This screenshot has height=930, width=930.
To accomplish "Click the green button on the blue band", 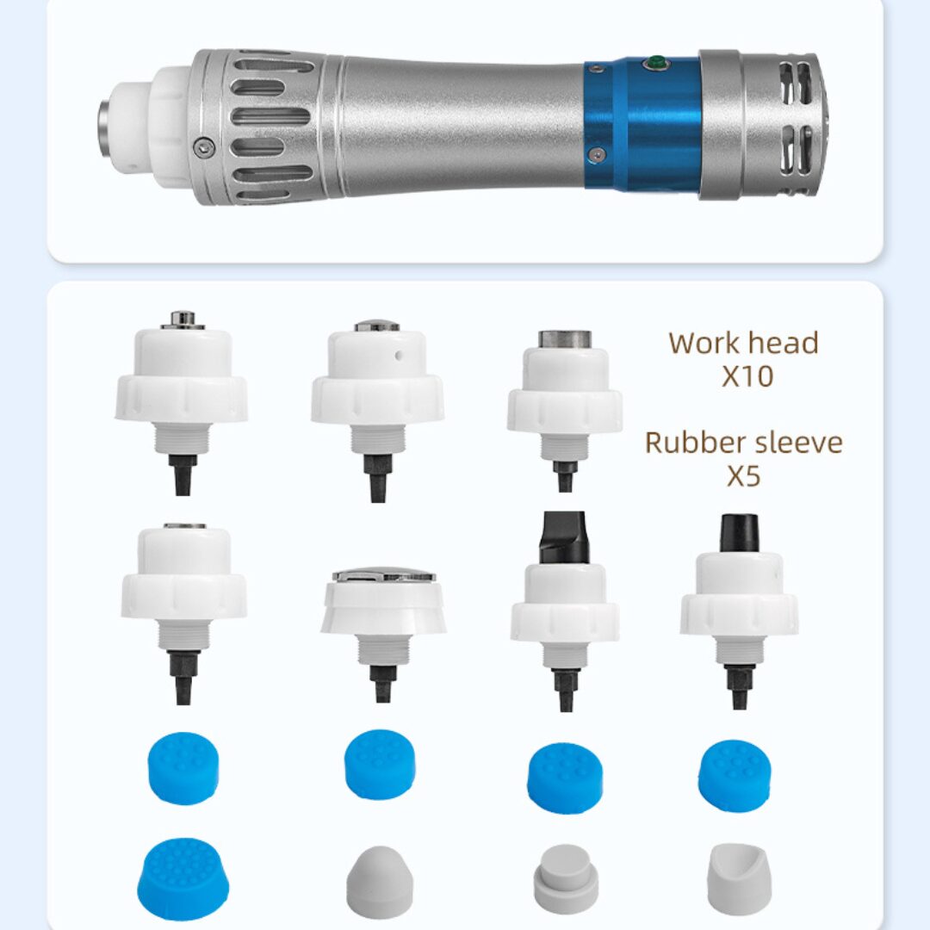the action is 656,62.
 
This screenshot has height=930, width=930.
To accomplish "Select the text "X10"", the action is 747,376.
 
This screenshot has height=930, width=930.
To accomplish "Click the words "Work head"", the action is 743,343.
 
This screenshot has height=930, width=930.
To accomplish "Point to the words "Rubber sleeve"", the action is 743,443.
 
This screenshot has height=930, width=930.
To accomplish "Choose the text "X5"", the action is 744,475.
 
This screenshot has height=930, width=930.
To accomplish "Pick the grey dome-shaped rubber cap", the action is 380,883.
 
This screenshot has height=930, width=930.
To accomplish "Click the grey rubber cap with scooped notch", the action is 740,882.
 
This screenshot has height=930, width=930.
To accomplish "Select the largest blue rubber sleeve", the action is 184,878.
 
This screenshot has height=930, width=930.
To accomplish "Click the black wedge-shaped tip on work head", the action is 563,538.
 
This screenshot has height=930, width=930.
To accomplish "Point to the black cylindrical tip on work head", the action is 739,533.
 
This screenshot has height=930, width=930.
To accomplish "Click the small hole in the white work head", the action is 399,356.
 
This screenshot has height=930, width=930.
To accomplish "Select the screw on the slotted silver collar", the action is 204,146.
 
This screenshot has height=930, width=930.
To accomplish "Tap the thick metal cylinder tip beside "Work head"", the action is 565,340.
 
